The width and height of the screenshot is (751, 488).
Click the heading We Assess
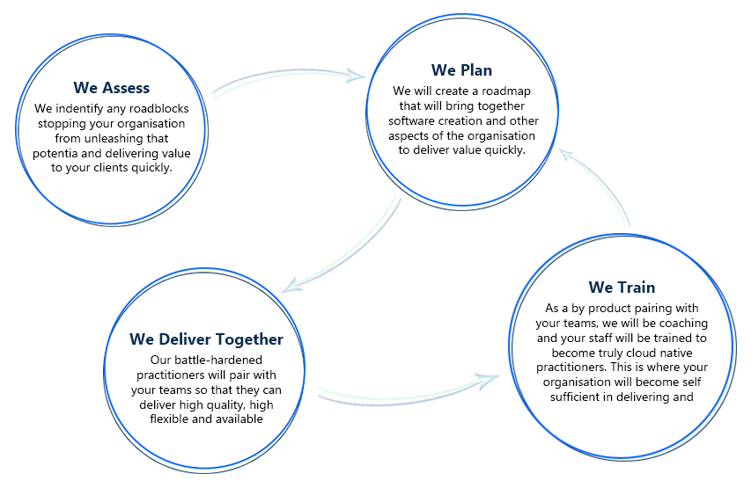tap(112, 88)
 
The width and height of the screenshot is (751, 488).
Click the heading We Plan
tap(461, 69)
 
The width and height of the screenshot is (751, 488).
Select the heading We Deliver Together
tap(206, 339)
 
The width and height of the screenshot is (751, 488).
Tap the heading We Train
tap(622, 287)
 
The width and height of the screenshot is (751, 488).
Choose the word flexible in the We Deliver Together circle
tap(169, 419)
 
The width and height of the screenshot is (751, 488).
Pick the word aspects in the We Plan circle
tap(407, 136)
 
